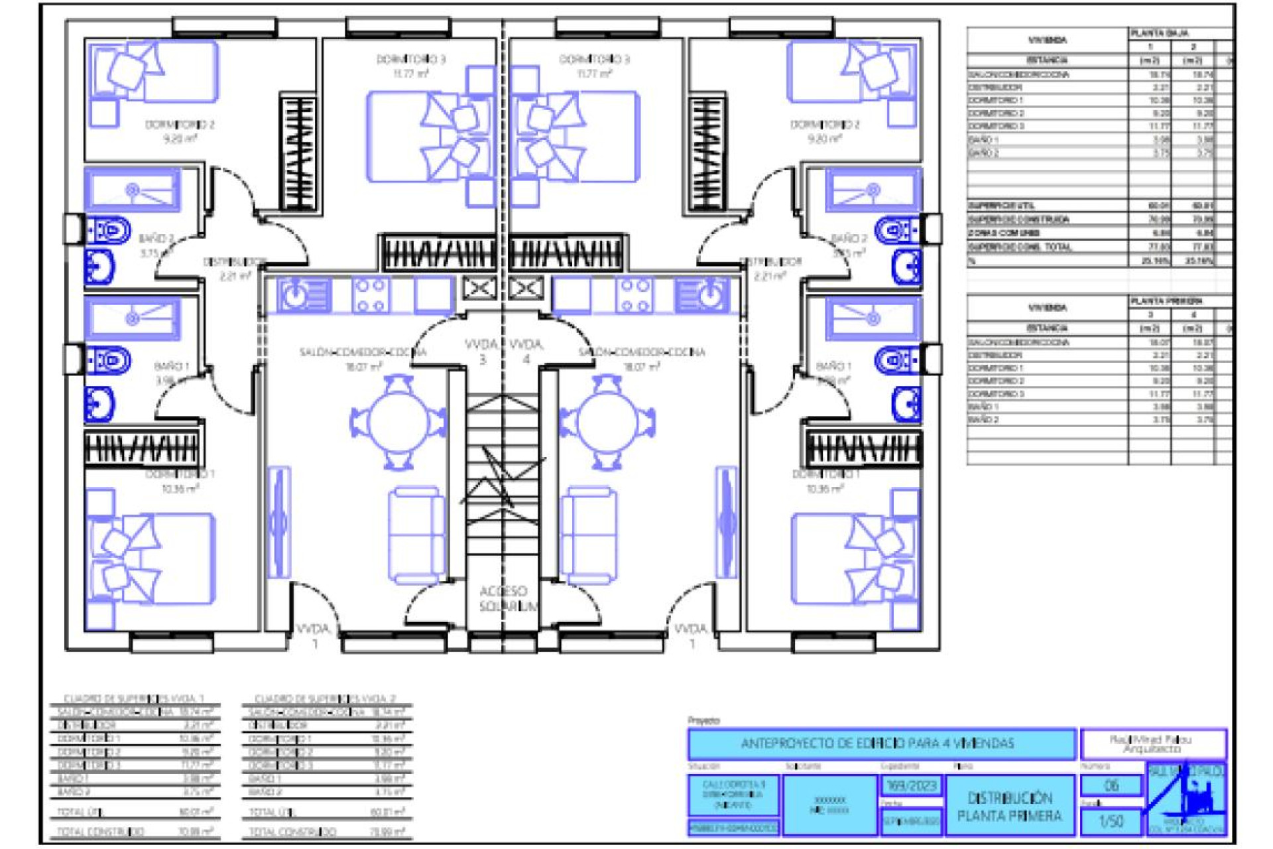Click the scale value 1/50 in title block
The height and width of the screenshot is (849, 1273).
pyautogui.click(x=1111, y=821)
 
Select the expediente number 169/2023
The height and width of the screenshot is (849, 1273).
pyautogui.click(x=911, y=786)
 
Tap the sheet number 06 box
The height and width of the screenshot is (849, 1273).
pyautogui.click(x=1111, y=785)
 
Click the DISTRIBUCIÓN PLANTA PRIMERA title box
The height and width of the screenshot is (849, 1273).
pyautogui.click(x=1009, y=807)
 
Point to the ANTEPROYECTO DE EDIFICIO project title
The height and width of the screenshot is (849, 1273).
pyautogui.click(x=881, y=744)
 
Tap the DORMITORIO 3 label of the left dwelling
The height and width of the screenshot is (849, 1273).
pyautogui.click(x=411, y=60)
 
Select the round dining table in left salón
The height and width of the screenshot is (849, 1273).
pyautogui.click(x=398, y=423)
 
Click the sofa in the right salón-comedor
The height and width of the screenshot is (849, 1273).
pyautogui.click(x=589, y=536)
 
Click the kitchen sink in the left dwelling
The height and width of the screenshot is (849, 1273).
pyautogui.click(x=302, y=294)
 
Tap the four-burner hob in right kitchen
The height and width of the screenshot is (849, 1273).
pyautogui.click(x=635, y=295)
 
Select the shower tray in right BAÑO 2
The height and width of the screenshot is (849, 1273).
pyautogui.click(x=873, y=190)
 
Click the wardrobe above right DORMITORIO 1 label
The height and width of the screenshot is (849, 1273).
pyautogui.click(x=863, y=448)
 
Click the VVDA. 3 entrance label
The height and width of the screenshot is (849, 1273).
pyautogui.click(x=482, y=352)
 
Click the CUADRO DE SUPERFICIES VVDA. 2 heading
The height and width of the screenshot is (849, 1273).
pyautogui.click(x=325, y=698)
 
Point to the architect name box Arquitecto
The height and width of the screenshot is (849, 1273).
pyautogui.click(x=1152, y=744)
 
